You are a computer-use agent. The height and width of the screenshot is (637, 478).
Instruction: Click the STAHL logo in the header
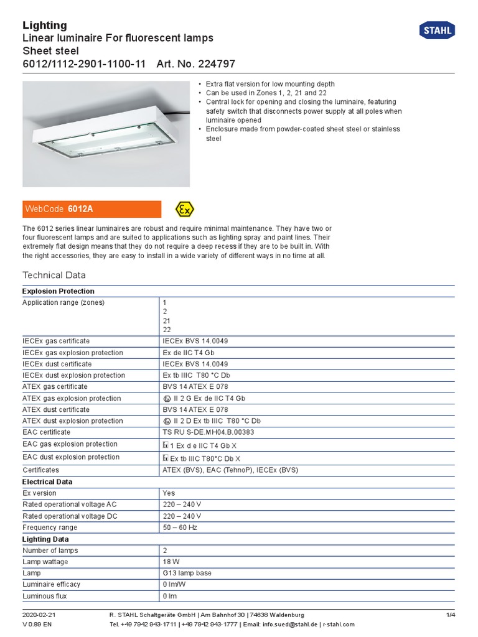(x=437, y=30)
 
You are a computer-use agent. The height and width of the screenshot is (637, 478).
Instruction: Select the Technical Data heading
(x=54, y=275)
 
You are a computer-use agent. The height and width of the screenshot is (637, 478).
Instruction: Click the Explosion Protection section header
(x=59, y=291)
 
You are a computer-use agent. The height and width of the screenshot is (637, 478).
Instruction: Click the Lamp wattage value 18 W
(x=172, y=562)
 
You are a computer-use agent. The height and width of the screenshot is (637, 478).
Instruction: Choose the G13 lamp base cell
(x=187, y=573)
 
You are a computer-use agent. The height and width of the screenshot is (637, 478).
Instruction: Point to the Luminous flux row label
(x=45, y=596)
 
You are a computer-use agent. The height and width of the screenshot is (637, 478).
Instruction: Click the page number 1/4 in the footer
(x=451, y=615)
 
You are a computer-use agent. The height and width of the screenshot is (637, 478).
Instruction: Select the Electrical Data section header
(x=47, y=481)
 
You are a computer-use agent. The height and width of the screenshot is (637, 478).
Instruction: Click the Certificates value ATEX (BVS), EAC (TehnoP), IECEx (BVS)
(x=230, y=470)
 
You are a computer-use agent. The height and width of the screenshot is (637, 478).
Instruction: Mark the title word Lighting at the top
(x=45, y=26)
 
